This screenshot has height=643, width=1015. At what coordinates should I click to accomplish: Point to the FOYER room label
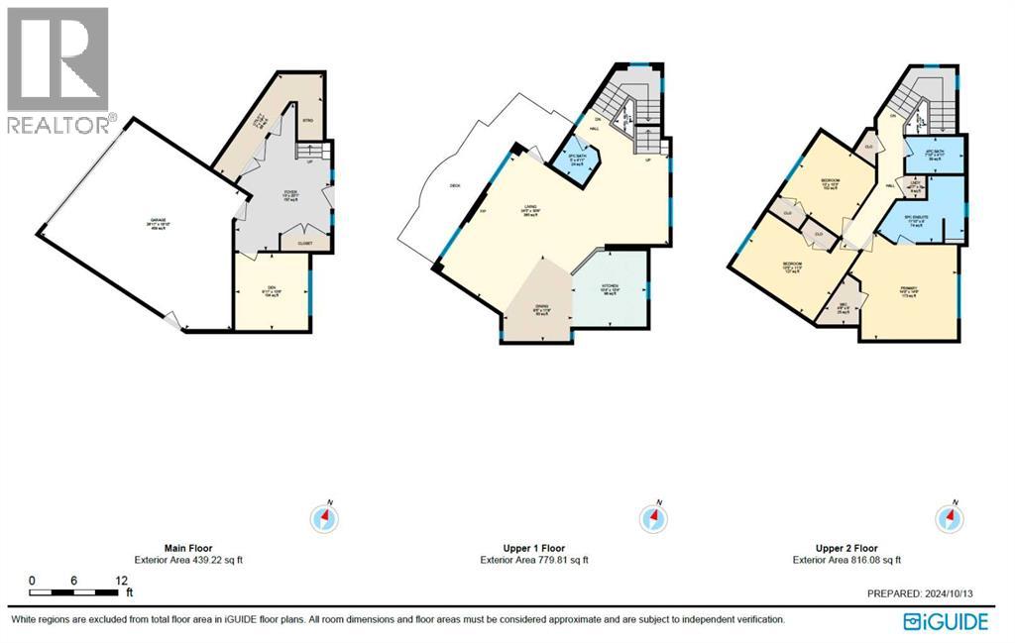coord(291,192)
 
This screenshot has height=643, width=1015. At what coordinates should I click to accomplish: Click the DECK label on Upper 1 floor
coord(456,184)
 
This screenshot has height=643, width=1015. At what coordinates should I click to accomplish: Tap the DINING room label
coord(541,309)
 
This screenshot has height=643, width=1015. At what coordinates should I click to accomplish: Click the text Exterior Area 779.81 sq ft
coord(534,560)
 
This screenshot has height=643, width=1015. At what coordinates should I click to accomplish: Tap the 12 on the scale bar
coord(121,581)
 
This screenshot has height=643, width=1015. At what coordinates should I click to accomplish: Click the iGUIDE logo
coord(946,621)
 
